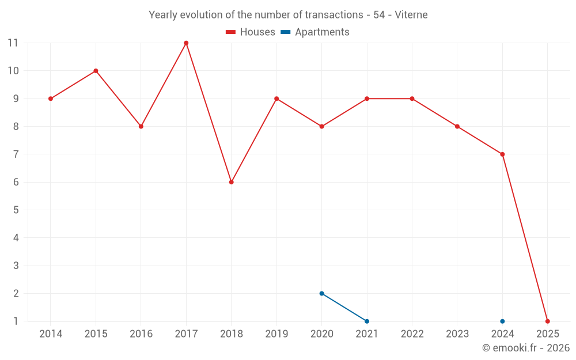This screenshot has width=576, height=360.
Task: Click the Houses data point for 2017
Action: pos(186,43)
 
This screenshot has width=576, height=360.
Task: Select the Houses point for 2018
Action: pos(232,182)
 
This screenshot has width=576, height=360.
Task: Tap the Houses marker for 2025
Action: pos(547,321)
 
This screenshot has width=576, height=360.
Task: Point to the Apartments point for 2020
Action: pos(322,293)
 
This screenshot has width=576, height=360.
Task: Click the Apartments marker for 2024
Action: pos(502,321)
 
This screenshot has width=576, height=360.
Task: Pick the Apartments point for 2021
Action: pos(367,321)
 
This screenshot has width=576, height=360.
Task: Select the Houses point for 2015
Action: pos(96,71)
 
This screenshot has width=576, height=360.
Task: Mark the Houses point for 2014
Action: pos(51,98)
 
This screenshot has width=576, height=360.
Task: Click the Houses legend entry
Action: pos(251,32)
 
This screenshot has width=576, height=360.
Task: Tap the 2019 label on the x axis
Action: pos(276,334)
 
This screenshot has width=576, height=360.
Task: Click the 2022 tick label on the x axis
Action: pos(412,334)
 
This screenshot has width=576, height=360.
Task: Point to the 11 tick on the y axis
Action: pos(13,43)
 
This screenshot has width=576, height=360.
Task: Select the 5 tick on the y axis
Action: pos(16,210)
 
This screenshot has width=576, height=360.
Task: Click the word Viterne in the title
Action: pos(411,15)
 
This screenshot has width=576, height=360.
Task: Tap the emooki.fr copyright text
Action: pos(526,348)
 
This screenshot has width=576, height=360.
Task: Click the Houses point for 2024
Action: pos(502,154)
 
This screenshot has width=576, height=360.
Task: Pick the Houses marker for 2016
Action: pos(141,126)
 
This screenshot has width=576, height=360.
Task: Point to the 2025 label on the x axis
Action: pos(547,334)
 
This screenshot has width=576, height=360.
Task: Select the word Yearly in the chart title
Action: pos(162,15)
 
